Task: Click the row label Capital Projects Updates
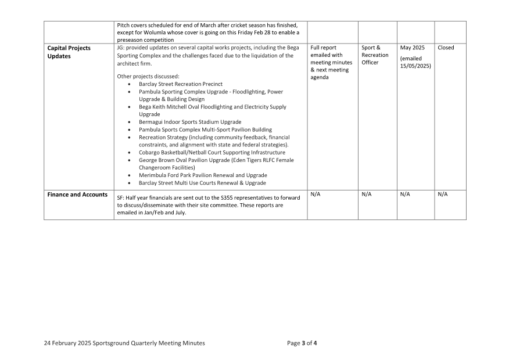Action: pyautogui.click(x=69, y=52)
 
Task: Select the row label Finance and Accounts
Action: pyautogui.click(x=77, y=195)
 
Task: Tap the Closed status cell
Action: pyautogui.click(x=446, y=48)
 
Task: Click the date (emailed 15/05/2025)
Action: pyautogui.click(x=415, y=62)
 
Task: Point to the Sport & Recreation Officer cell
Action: pyautogui.click(x=375, y=55)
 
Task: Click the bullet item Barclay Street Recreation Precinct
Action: pyautogui.click(x=180, y=84)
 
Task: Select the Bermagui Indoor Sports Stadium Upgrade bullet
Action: pyautogui.click(x=190, y=122)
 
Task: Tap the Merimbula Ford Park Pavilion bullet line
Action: pyautogui.click(x=203, y=175)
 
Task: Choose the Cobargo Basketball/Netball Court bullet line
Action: pyautogui.click(x=212, y=152)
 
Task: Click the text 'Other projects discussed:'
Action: pyautogui.click(x=148, y=76)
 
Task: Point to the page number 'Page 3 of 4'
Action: pyautogui.click(x=302, y=343)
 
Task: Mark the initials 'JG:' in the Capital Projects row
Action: pyautogui.click(x=121, y=48)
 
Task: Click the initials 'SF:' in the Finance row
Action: pyautogui.click(x=121, y=198)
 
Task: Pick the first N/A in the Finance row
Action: pyautogui.click(x=316, y=195)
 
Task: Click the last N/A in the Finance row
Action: pyautogui.click(x=443, y=195)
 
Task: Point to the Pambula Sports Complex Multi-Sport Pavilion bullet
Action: pyautogui.click(x=205, y=129)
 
